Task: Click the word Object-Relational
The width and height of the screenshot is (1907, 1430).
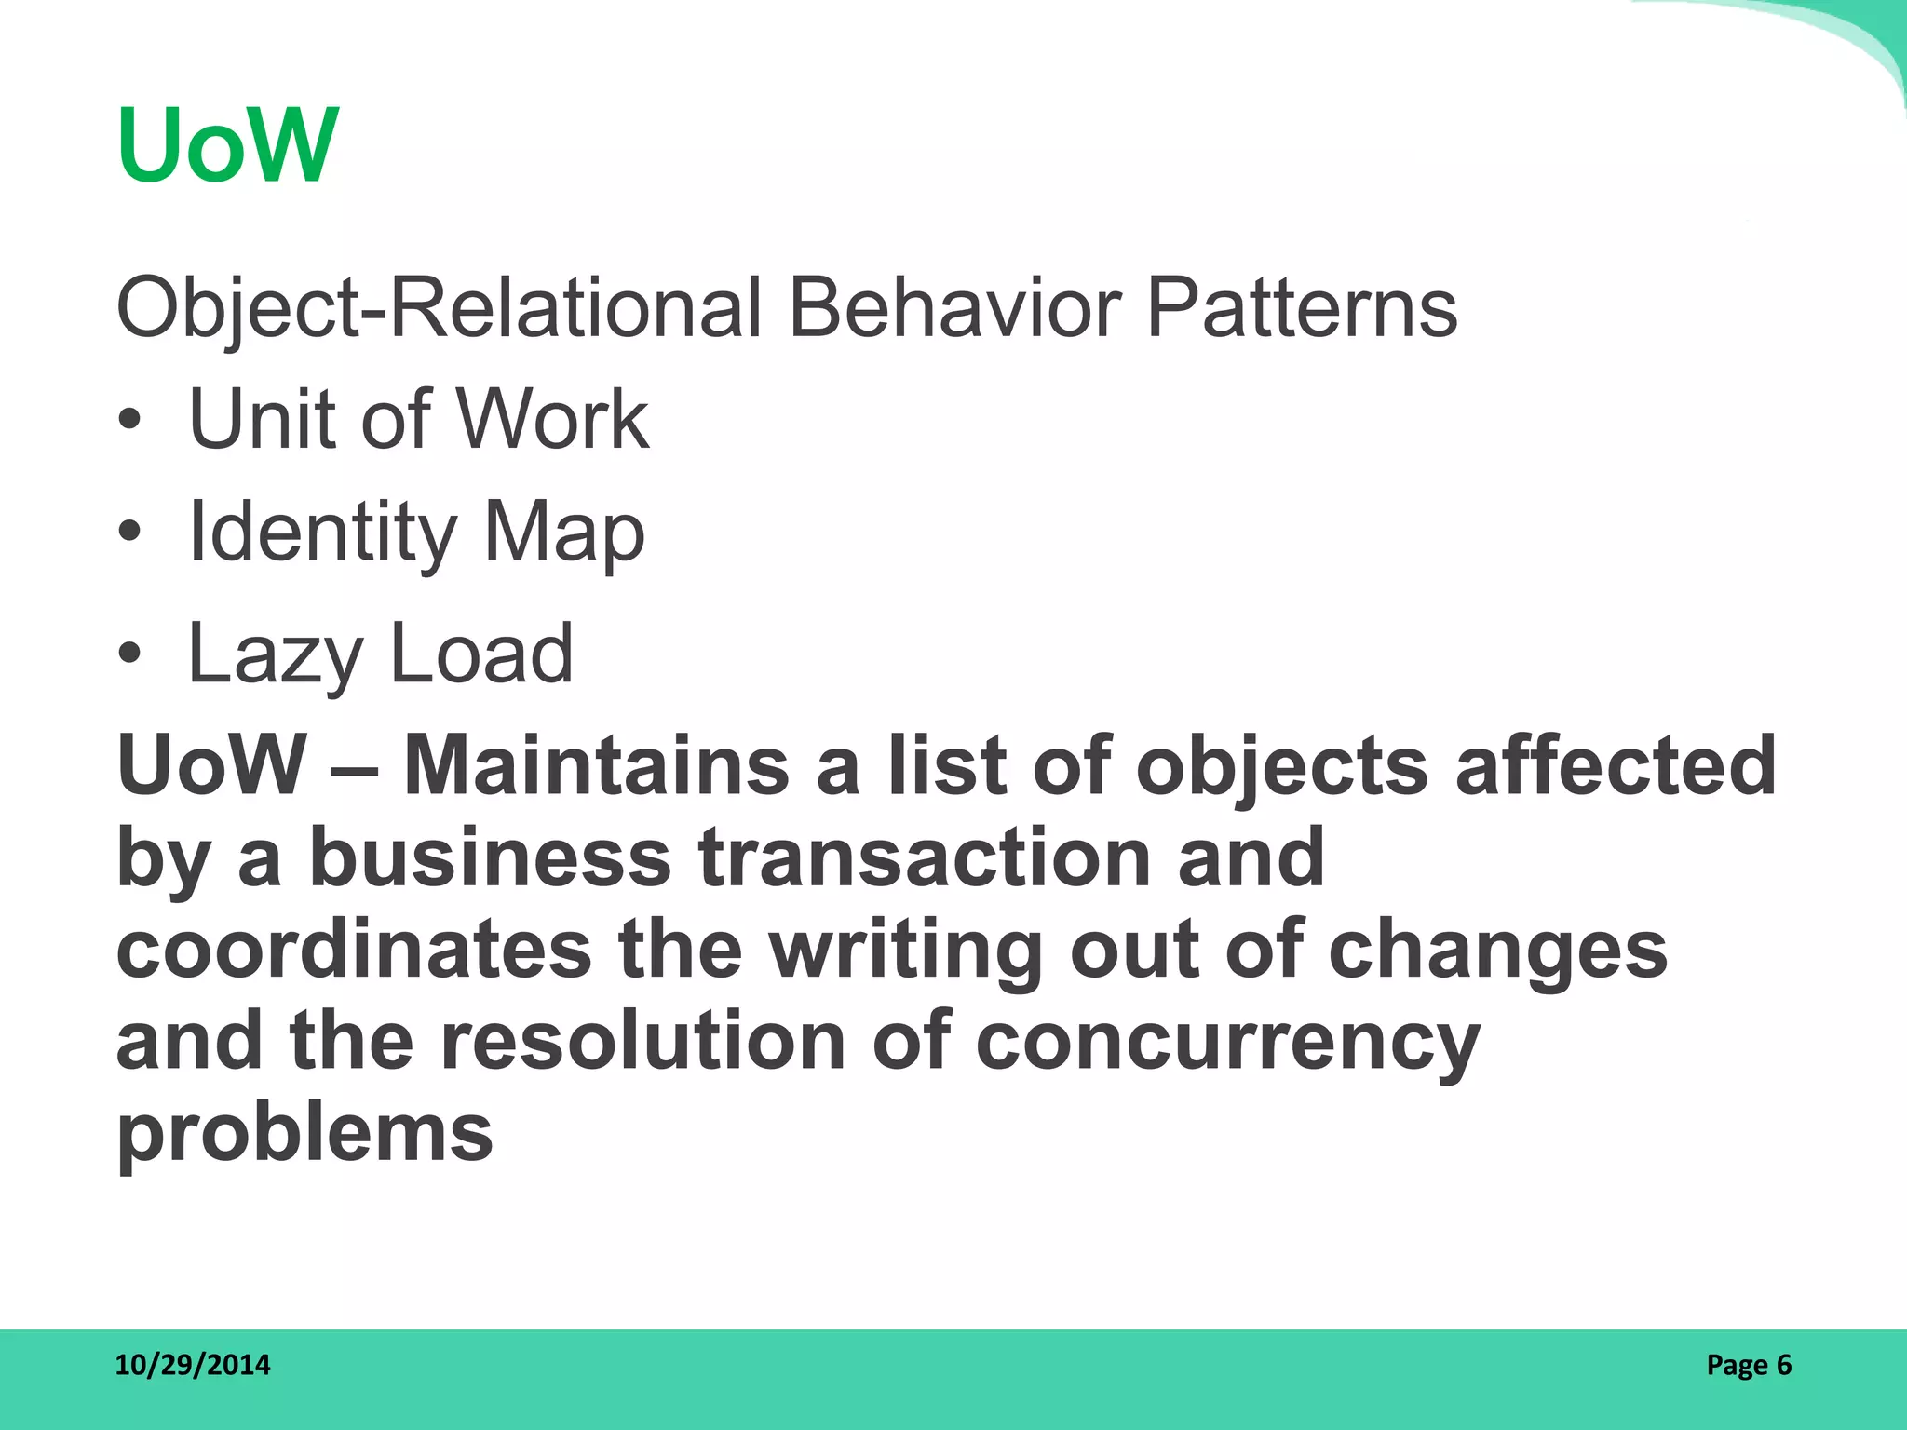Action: coord(438,308)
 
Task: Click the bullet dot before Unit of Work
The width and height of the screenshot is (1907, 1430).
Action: coord(129,421)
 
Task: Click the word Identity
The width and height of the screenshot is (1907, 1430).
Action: coord(322,533)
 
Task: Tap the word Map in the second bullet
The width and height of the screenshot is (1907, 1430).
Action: coord(563,533)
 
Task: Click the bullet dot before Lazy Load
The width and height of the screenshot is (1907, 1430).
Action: coord(129,653)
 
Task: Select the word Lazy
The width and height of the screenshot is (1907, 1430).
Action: coord(275,654)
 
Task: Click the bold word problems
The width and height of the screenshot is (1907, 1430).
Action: coord(304,1134)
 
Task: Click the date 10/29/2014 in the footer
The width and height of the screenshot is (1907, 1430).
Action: coord(193,1365)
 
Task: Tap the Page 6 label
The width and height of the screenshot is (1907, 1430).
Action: coord(1749,1365)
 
